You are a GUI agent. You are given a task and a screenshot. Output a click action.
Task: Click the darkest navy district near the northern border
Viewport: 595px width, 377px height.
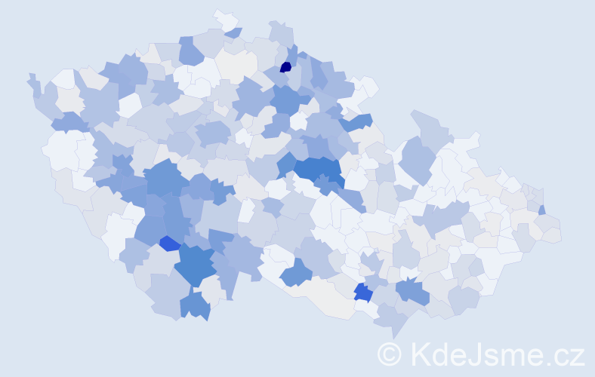point(285,67)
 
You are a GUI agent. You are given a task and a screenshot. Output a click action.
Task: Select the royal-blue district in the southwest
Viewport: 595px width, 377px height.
point(170,243)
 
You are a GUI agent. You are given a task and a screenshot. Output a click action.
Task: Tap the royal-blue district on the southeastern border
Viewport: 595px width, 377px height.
point(363,293)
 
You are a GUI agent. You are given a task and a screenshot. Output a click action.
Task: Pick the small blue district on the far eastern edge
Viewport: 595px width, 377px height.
point(542,210)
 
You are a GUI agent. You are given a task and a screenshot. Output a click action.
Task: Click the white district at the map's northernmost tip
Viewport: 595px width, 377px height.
point(224,18)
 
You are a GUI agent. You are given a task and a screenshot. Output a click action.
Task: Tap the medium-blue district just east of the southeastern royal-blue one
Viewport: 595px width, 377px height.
point(412,290)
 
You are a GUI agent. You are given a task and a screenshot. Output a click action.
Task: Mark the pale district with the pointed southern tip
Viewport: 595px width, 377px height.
point(393,321)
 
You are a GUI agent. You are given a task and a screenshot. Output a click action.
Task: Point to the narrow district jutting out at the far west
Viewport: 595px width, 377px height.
point(33,82)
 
